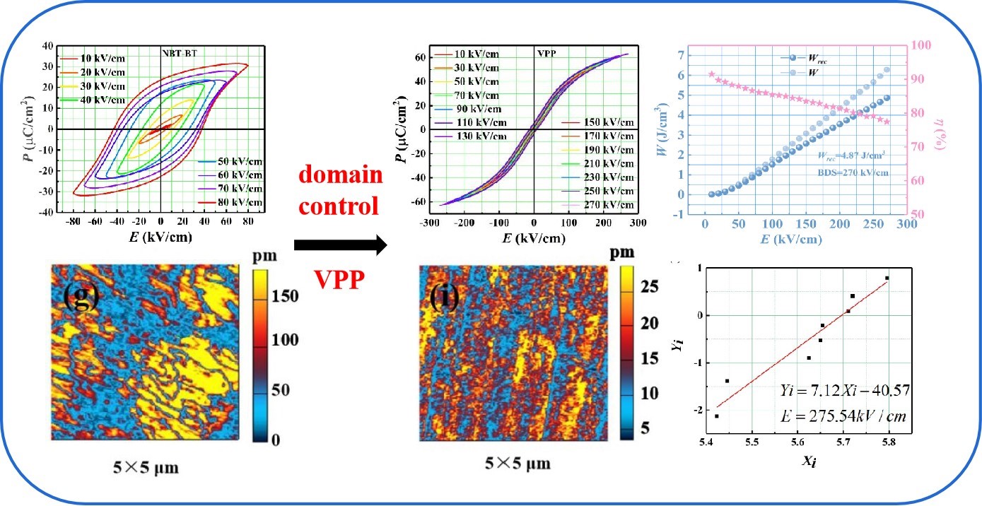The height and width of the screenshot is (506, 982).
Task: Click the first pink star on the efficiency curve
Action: [x=711, y=73]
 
